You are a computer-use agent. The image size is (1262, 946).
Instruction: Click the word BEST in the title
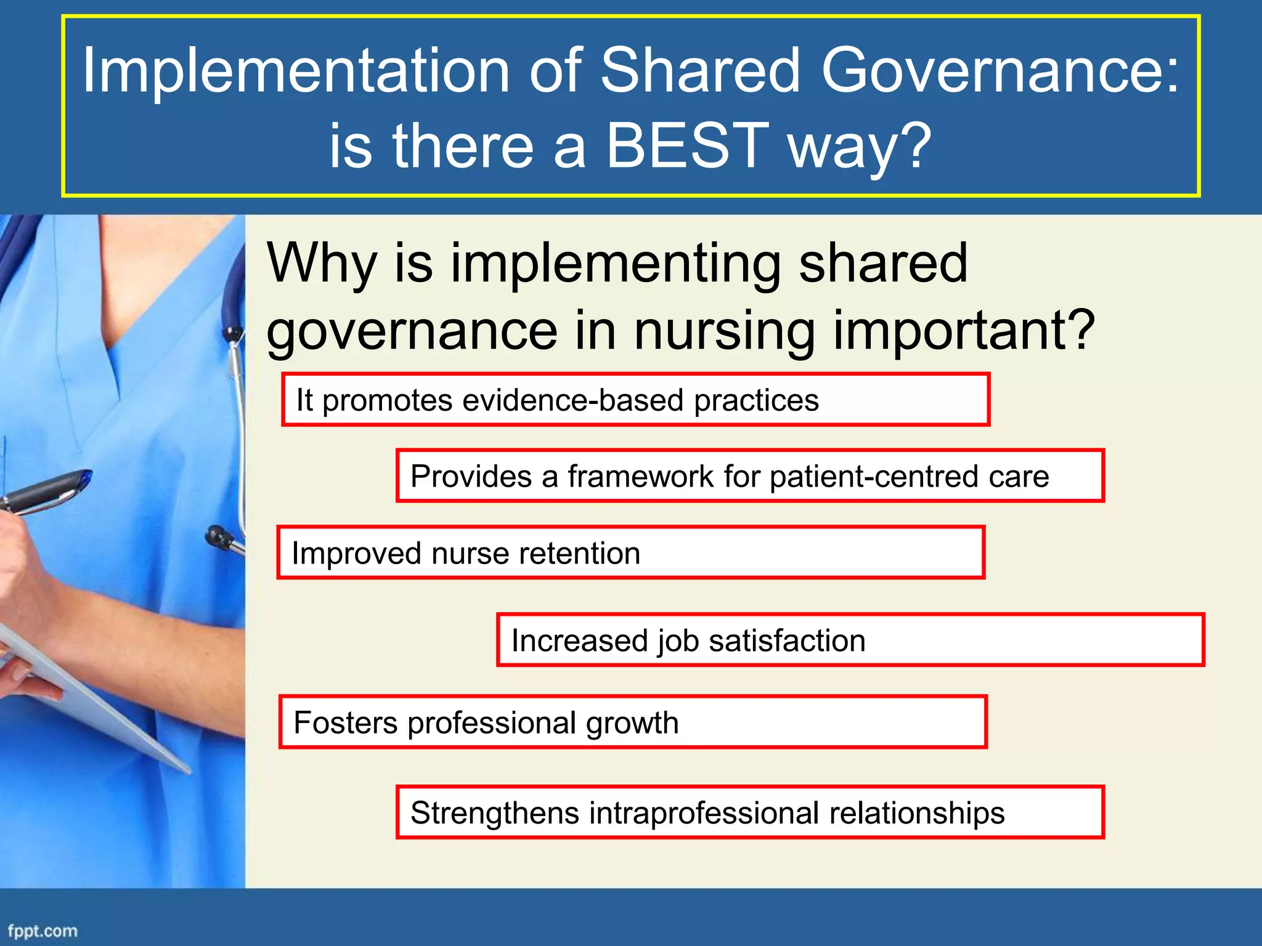[687, 145]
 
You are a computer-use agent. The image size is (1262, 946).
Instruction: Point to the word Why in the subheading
[321, 264]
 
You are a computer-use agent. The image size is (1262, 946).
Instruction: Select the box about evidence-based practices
[635, 400]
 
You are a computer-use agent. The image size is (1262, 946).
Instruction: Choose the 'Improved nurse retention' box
[630, 552]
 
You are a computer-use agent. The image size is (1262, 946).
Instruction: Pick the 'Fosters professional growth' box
[633, 722]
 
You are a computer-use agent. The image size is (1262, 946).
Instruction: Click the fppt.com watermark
[43, 931]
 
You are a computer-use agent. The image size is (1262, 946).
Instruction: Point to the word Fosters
[346, 722]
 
